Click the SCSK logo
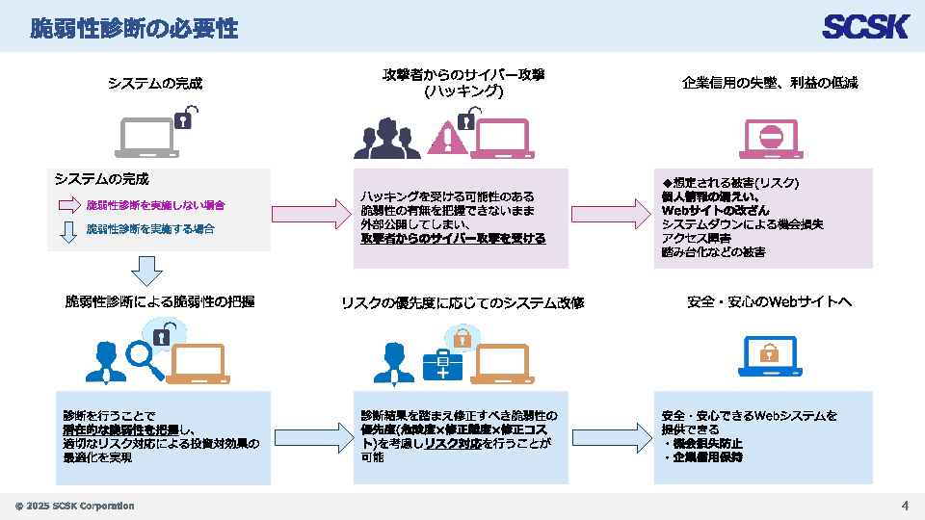coord(865,26)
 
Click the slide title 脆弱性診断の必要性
coord(134,28)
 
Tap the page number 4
coord(905,506)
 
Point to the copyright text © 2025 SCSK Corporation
coord(74,507)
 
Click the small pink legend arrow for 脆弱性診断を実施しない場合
coord(68,205)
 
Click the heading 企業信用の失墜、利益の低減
coord(770,83)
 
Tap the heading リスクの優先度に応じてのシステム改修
coord(462,302)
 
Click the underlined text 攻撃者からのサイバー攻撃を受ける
coord(453,238)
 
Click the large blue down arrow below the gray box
coord(147,271)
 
